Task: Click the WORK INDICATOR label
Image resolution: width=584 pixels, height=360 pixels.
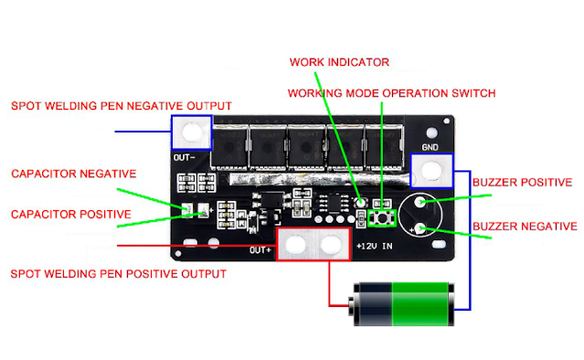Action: coord(339,62)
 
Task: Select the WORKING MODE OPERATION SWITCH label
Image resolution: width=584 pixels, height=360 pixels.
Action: coord(391,93)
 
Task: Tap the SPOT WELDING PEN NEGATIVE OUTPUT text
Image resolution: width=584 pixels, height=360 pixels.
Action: coord(122,106)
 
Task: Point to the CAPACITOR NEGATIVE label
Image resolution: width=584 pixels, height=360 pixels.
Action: coord(74,174)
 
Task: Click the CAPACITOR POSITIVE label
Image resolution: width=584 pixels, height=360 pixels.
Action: coord(71,215)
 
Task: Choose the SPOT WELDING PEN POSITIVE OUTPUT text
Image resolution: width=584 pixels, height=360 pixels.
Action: coord(119,274)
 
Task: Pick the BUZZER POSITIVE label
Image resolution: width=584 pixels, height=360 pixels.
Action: coord(522,183)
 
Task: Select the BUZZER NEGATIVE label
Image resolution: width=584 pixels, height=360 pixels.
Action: coord(525,227)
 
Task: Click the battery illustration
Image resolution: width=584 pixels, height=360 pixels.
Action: coord(401,304)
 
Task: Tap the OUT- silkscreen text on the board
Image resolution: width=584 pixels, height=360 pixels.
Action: coord(184,158)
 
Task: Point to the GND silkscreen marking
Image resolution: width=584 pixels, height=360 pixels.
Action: coord(430,147)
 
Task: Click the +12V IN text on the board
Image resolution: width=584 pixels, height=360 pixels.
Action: coord(375,246)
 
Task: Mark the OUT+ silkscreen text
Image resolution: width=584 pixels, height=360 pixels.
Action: coord(260,250)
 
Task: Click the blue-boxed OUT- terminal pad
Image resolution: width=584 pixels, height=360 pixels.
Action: coord(192,132)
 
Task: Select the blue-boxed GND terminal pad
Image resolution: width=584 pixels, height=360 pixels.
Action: coord(431,171)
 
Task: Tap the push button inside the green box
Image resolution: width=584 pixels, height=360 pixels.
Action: coord(382,217)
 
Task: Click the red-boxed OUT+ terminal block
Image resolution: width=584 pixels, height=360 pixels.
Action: coord(313,244)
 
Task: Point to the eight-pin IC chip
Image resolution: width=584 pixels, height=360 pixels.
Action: coord(334,203)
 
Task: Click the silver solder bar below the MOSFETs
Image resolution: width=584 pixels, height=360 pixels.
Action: coord(318,179)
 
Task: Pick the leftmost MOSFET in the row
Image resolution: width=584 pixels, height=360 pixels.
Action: coord(229,147)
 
